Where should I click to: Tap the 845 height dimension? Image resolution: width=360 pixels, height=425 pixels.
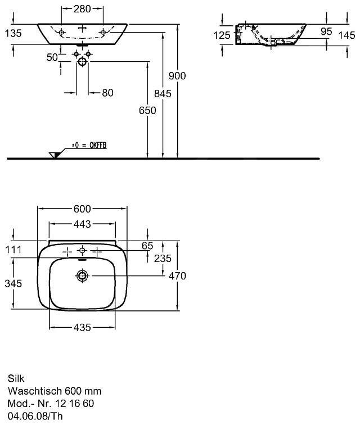tap(163, 94)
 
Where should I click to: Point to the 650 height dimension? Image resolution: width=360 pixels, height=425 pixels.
tap(147, 111)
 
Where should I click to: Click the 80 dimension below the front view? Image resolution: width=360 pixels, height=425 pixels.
tap(107, 92)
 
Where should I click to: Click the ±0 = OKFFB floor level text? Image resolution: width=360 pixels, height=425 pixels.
tap(89, 146)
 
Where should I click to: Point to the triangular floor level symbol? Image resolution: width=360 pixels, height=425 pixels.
tap(55, 154)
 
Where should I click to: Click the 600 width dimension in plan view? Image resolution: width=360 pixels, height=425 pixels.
tap(82, 209)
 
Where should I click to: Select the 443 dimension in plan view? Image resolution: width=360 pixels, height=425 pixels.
tap(82, 224)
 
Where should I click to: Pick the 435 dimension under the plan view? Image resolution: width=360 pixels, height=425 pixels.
tap(82, 328)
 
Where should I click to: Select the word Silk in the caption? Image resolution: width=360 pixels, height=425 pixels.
tap(17, 378)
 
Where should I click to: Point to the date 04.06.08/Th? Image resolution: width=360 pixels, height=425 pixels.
tap(35, 417)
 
